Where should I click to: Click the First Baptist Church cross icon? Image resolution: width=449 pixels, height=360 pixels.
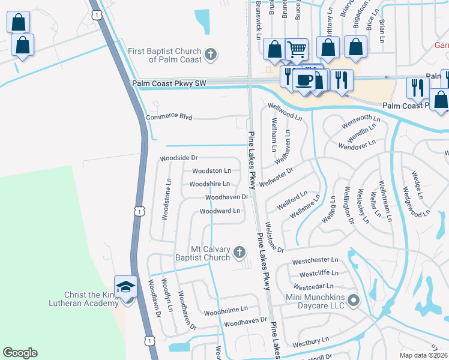coord(210,55)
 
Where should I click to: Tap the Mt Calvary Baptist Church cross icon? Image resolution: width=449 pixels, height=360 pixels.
coord(239,253)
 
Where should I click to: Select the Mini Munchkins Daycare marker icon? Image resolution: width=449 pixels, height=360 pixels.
coord(354,300)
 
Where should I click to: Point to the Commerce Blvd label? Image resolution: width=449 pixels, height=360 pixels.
coord(169,117)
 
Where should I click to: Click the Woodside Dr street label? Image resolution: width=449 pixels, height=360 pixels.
coord(178,158)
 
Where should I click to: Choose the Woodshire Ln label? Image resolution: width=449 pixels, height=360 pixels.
coord(209,184)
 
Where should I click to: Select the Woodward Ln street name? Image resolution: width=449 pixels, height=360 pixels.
coord(220,211)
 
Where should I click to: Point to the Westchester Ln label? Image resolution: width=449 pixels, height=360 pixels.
coord(315,261)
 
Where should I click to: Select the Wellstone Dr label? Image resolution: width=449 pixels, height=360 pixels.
coord(273,236)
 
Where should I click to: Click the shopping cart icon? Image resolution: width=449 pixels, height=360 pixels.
coord(297,49)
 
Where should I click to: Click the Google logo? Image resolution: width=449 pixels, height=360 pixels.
coord(20,353)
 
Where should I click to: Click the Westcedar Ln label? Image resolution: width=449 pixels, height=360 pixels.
coord(313,287)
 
